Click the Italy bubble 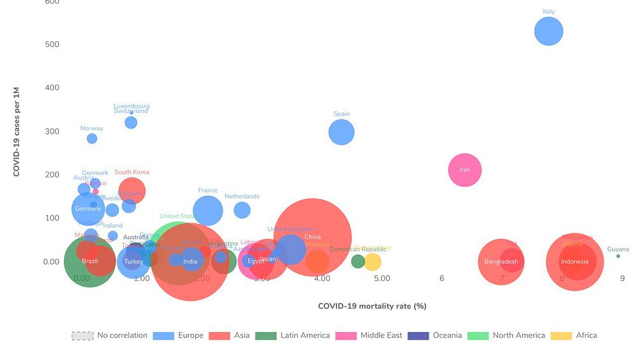[x=548, y=31]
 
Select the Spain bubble [x=342, y=132]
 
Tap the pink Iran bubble [x=465, y=170]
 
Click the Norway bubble [x=92, y=139]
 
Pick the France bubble [x=207, y=211]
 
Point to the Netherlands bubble [x=242, y=210]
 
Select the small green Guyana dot [x=618, y=256]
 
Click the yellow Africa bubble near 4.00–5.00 [x=372, y=261]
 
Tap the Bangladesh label [x=501, y=261]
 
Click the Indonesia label [x=574, y=261]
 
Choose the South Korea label [x=132, y=172]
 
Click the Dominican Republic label [x=357, y=249]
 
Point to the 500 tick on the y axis [x=51, y=44]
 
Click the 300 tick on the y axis [x=51, y=131]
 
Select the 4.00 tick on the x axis [x=322, y=279]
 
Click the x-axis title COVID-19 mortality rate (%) [x=372, y=306]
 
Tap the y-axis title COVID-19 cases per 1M [x=17, y=132]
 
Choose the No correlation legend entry [x=109, y=335]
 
